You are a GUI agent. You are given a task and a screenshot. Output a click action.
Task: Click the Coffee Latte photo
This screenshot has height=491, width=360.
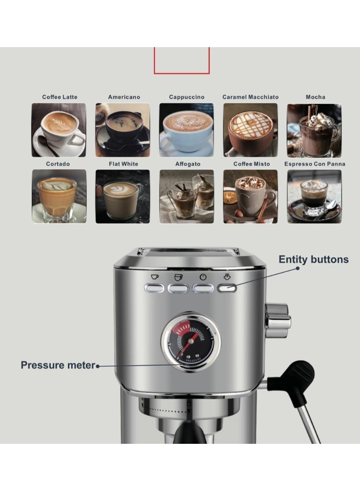point(59,130)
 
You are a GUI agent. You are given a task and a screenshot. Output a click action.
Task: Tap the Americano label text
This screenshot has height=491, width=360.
point(124,97)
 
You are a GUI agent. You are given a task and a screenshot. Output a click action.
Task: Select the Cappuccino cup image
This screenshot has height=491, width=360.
point(186,130)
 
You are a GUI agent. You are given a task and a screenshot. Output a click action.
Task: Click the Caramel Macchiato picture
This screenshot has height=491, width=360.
point(250,130)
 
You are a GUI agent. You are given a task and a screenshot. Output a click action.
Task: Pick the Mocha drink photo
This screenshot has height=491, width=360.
point(314,130)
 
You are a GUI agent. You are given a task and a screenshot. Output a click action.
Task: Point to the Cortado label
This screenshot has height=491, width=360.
point(58,164)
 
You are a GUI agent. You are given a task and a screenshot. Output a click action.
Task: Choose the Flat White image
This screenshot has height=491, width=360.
point(122,196)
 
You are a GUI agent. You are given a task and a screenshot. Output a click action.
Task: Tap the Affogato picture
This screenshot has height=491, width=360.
point(186,196)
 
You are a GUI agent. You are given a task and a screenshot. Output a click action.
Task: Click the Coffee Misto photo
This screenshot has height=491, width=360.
point(250,196)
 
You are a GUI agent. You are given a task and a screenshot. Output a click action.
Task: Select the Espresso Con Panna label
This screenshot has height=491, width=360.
point(314,164)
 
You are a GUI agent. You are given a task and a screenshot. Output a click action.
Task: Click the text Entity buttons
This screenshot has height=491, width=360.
point(314,259)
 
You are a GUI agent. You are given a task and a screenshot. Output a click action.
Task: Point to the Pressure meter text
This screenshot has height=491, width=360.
point(58,365)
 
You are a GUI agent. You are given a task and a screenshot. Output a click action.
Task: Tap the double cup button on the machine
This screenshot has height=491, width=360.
point(178,288)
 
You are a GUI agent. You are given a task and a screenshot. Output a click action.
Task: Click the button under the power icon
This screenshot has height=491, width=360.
point(203,288)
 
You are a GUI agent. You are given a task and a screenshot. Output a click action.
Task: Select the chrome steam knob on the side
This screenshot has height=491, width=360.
point(278,320)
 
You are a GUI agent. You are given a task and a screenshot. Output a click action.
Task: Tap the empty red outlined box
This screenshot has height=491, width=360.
point(182,60)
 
